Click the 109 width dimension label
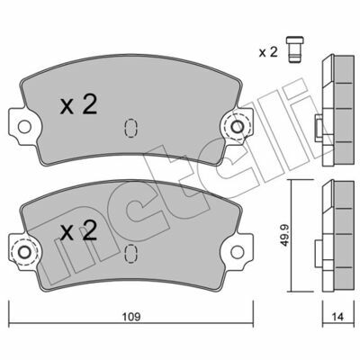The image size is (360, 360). click(x=131, y=317)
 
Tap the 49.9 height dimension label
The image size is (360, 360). click(x=283, y=235)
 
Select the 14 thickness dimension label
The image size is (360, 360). click(x=337, y=317)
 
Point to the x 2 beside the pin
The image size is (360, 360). click(x=268, y=52)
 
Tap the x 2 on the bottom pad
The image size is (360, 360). click(x=78, y=230)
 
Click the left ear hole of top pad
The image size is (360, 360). click(x=24, y=127)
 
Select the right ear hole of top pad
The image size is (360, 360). click(x=238, y=127)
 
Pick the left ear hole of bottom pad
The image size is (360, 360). click(x=24, y=252)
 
